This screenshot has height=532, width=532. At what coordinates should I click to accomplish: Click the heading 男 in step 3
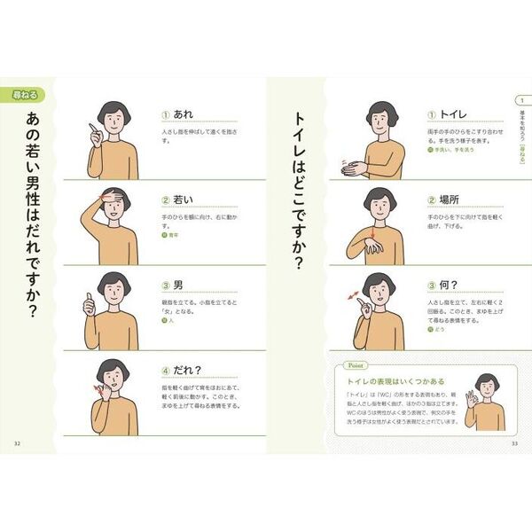pyautogui.click(x=179, y=286)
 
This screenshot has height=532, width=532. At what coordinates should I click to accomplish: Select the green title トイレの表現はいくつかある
pyautogui.click(x=390, y=381)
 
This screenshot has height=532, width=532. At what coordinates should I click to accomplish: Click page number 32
pyautogui.click(x=18, y=443)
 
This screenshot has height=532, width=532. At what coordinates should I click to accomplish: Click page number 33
pyautogui.click(x=515, y=443)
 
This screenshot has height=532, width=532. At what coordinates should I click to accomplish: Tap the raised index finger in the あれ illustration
pyautogui.click(x=90, y=134)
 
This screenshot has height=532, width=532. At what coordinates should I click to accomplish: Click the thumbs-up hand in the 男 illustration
pyautogui.click(x=89, y=304)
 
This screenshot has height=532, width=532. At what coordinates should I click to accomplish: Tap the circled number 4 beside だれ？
pyautogui.click(x=166, y=371)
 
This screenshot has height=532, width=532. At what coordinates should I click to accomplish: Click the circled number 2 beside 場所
pyautogui.click(x=432, y=200)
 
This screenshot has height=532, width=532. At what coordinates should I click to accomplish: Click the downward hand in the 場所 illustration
pyautogui.click(x=372, y=243)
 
